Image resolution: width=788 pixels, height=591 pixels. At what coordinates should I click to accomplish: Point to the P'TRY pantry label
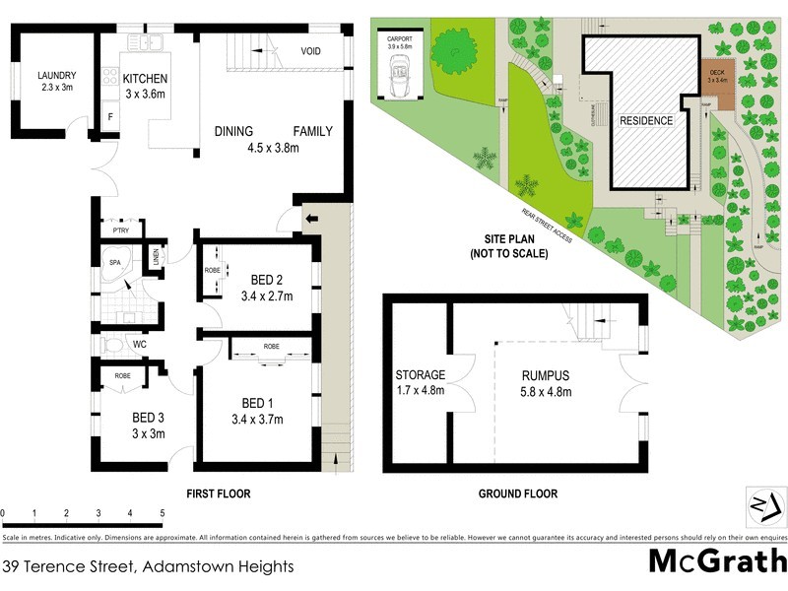click(122, 230)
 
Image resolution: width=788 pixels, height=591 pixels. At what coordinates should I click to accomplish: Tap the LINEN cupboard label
click(156, 258)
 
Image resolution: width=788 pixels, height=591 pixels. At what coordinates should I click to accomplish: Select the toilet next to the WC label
click(112, 347)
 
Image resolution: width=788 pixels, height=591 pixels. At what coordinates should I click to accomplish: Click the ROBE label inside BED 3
click(123, 375)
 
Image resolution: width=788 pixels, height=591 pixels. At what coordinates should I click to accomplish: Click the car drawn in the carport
click(400, 76)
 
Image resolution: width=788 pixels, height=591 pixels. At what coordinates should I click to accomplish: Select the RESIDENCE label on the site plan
click(646, 121)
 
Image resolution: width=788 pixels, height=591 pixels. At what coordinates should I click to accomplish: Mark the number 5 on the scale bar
click(162, 514)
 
